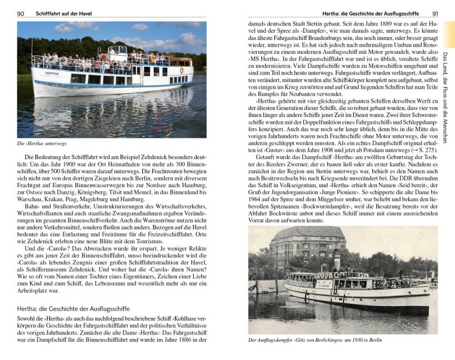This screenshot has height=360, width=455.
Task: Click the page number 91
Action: [435, 13]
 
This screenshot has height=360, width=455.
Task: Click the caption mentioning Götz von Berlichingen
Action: [315, 340]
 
